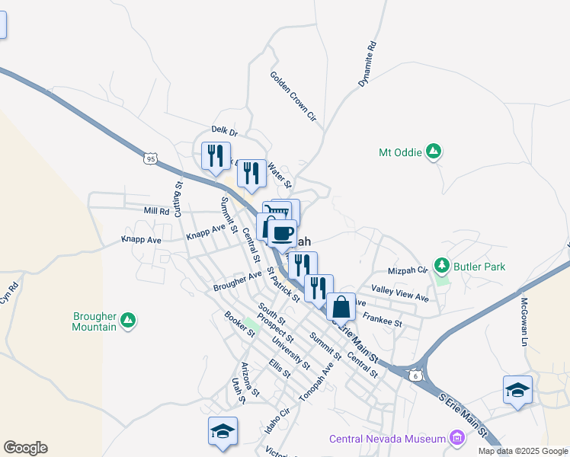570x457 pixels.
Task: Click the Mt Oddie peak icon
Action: coord(434,152)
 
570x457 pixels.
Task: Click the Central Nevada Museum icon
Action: coord(456,438)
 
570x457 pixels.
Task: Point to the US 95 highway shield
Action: coord(150,158)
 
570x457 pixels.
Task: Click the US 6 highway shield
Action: coord(415,375)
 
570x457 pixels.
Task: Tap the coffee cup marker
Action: coord(283,233)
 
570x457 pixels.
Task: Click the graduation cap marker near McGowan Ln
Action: coord(517,390)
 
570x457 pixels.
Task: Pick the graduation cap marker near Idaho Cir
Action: coord(223,431)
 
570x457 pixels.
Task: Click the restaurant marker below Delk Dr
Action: coord(214,155)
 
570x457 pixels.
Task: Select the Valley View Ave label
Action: coord(400,294)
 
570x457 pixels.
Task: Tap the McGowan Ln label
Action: coord(523,312)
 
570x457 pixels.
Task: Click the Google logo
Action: coord(25,448)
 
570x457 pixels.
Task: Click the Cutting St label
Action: coord(178,198)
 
